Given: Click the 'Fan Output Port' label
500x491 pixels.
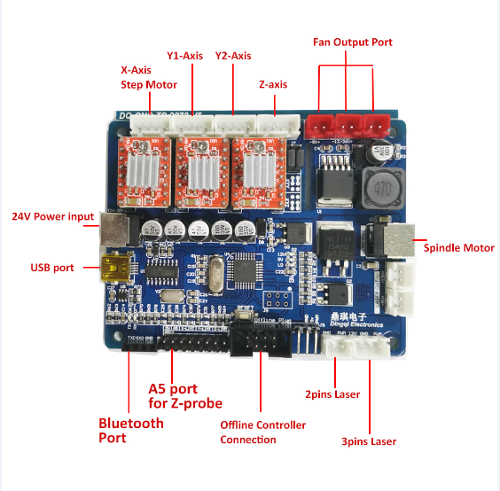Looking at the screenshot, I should click(x=352, y=42).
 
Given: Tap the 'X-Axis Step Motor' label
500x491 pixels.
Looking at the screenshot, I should click(x=149, y=77).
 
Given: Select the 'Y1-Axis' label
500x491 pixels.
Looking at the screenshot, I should click(x=184, y=55).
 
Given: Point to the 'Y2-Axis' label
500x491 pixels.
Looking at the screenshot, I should click(x=232, y=55).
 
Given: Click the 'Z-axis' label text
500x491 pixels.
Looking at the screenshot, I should click(x=272, y=85).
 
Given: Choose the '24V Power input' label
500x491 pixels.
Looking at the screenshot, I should click(x=51, y=216).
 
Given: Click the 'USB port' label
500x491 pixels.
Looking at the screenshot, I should click(x=52, y=267).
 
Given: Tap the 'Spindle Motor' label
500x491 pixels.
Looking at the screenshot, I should click(x=458, y=247).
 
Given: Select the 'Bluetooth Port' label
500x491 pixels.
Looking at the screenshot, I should click(x=130, y=430).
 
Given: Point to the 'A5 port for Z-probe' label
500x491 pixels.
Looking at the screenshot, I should click(x=185, y=396).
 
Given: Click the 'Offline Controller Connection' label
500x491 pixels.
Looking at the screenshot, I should click(x=262, y=433).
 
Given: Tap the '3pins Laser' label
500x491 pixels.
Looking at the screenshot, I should click(x=368, y=441).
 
